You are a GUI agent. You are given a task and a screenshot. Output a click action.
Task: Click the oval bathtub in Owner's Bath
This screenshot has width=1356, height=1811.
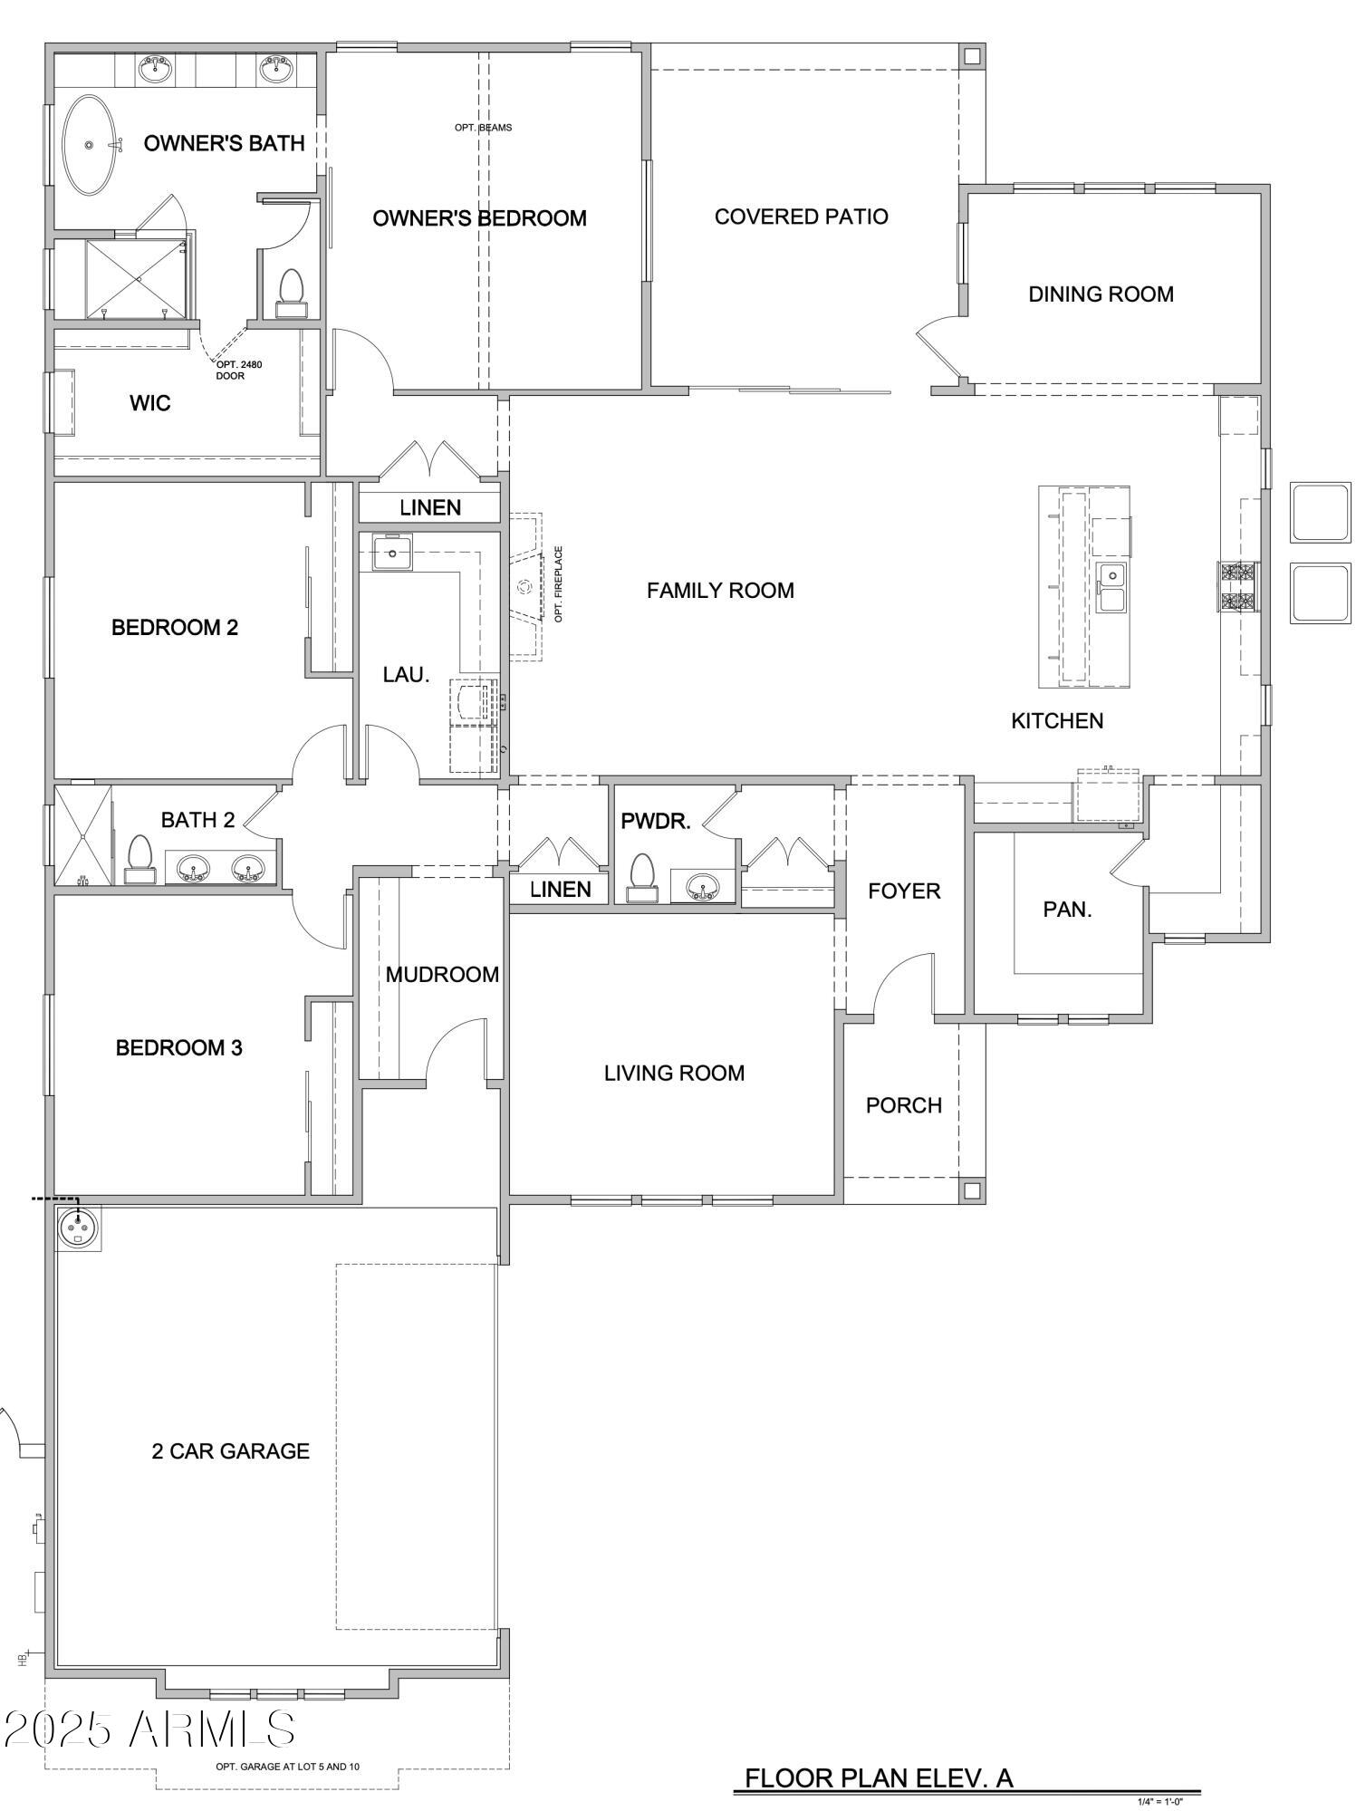(90, 145)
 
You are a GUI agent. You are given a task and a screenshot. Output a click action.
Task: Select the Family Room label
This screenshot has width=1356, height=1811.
(720, 591)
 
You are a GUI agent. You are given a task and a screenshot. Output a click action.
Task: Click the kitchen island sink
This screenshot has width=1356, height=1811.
(1111, 586)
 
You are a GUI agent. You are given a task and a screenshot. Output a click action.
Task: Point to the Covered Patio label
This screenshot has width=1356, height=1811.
(801, 217)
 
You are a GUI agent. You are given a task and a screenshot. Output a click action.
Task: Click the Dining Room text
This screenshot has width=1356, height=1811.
(1101, 294)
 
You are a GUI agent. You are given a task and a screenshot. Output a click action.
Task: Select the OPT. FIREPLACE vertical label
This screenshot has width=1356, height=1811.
(559, 583)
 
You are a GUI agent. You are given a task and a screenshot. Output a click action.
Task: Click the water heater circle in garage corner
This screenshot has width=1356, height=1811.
(77, 1228)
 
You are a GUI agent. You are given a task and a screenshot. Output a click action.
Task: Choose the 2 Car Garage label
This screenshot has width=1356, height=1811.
(230, 1451)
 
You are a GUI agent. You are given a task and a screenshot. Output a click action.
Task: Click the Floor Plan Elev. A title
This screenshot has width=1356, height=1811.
(878, 1777)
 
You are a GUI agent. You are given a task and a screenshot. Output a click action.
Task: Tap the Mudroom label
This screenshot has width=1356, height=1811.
(442, 975)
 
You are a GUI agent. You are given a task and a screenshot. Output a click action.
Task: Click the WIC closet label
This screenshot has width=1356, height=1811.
(150, 403)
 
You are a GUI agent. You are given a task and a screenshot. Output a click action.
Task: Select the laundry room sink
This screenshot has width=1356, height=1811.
(393, 553)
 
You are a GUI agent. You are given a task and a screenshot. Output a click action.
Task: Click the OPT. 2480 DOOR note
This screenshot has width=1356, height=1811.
(238, 370)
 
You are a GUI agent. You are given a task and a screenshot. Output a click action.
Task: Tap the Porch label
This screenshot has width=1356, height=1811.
(903, 1105)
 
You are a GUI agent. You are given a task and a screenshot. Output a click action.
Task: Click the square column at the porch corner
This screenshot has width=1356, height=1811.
(972, 1190)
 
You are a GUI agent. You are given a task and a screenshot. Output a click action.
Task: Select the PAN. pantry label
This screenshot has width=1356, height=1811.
(1067, 910)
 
